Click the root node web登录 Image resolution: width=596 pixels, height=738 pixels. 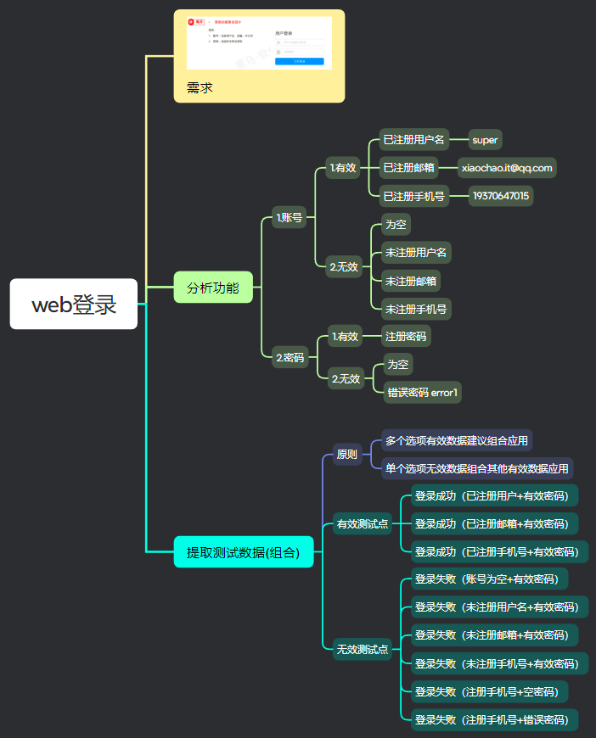point(74,304)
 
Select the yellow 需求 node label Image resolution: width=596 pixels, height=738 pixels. point(200,88)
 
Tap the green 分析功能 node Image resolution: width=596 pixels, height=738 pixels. point(213,288)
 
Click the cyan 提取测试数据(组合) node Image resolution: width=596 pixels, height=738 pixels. point(244,552)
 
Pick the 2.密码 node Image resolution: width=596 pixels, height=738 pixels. point(290,357)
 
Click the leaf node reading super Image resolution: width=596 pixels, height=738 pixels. point(486,140)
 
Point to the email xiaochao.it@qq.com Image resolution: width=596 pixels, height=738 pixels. point(507,168)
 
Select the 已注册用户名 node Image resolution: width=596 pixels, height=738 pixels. point(413,140)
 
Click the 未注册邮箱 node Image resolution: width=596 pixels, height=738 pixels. point(413,281)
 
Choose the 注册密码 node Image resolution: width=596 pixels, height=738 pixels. point(406,336)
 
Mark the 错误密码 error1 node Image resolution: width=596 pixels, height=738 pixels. point(422,392)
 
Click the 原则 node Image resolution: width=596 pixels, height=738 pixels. point(347,454)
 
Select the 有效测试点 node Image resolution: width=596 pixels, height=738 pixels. point(363,523)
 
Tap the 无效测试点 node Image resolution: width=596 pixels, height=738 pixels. point(363,650)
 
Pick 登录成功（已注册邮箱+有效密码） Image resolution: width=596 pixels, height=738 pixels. point(491,523)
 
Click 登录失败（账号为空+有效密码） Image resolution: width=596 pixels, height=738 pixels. point(486,579)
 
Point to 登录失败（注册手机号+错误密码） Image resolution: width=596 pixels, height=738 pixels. point(491,720)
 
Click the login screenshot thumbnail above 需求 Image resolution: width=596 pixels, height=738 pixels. point(259,42)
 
